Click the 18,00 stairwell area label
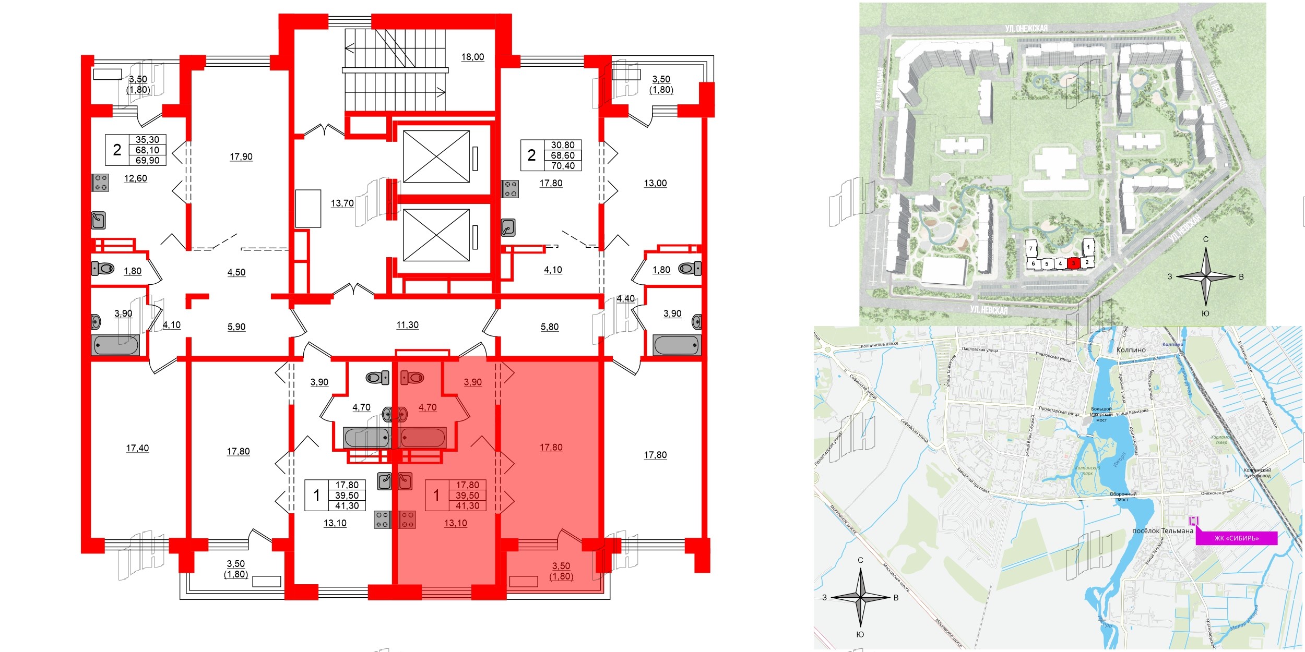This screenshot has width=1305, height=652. (472, 57)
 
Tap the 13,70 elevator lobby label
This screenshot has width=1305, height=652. (342, 203)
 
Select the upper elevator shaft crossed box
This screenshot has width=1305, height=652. (436, 156)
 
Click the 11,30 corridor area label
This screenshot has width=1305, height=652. (407, 325)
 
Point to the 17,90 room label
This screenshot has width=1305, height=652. (241, 156)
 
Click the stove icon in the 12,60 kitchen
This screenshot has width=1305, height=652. (101, 183)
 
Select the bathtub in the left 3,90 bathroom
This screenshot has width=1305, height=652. (116, 345)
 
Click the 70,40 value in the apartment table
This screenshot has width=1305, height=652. (563, 166)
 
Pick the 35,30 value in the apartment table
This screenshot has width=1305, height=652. (147, 140)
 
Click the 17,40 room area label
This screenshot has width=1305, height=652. (137, 448)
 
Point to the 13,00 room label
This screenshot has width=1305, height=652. (655, 183)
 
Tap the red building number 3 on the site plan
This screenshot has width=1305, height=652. (1073, 263)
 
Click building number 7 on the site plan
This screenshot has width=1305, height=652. (1030, 249)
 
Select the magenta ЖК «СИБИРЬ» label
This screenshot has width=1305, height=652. (1236, 538)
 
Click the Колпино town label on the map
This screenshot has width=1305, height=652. (1131, 350)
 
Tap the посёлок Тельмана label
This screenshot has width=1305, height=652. (1162, 531)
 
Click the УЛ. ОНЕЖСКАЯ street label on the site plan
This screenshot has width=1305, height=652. (1026, 29)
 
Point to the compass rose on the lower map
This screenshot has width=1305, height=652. (860, 598)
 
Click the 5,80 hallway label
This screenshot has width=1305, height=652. (549, 327)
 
